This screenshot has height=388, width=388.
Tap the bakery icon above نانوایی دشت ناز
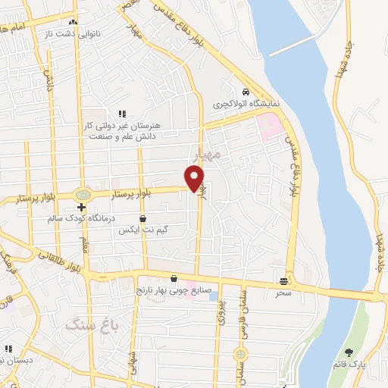(x=73, y=23)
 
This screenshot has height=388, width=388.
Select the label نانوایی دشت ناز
(x=72, y=33)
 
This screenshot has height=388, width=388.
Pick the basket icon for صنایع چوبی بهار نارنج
(x=174, y=278)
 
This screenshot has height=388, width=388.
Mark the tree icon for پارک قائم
(x=349, y=352)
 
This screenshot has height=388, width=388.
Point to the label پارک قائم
(x=349, y=365)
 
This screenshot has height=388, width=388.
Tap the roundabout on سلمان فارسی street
(x=241, y=354)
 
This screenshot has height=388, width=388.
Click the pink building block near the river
(x=269, y=124)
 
